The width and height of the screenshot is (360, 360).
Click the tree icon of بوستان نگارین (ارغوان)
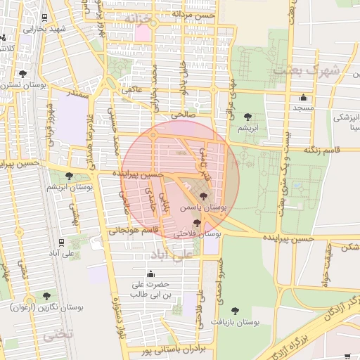point(46,296)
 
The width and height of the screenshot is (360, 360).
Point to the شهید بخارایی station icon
point(45,18)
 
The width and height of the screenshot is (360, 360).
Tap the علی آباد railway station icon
point(61,243)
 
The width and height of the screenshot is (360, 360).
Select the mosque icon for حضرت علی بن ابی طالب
point(150,274)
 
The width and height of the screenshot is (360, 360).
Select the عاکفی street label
point(131,89)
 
